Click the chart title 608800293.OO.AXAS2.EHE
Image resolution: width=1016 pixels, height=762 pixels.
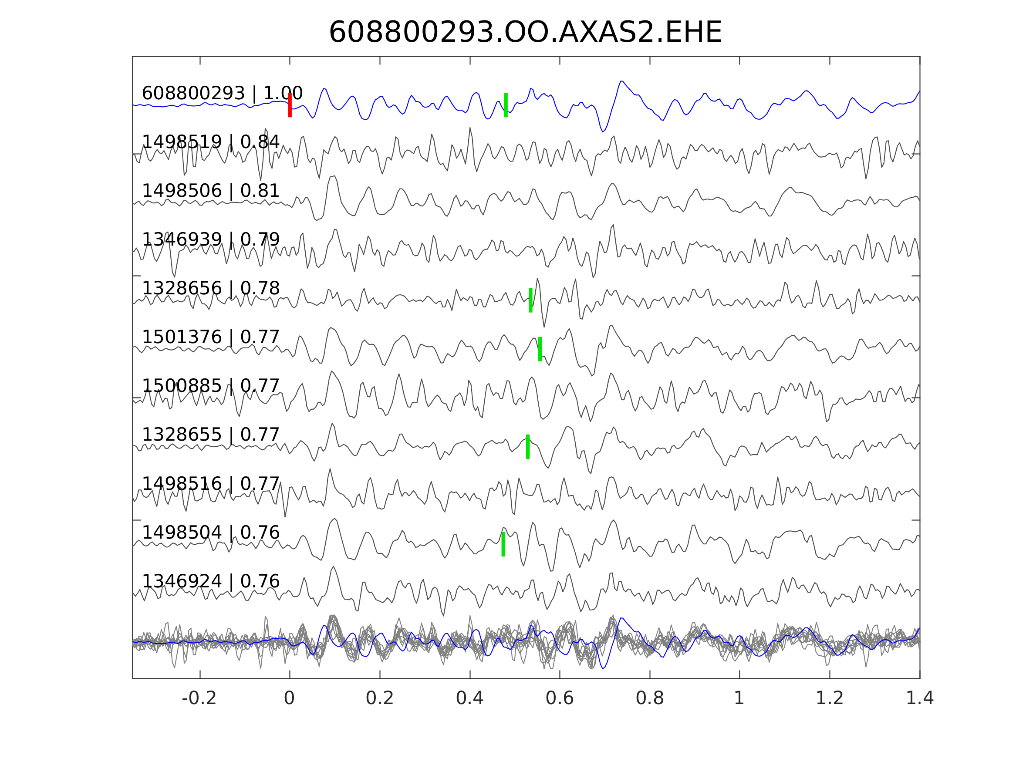point(525,33)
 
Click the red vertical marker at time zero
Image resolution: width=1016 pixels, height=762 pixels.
point(290,105)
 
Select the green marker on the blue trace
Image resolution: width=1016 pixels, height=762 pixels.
point(506,105)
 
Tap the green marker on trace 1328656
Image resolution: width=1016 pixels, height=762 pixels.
point(530,300)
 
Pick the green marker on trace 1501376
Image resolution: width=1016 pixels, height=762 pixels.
point(540,349)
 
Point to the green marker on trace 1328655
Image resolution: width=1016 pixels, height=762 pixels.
point(528,446)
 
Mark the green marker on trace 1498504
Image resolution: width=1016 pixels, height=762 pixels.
point(503,544)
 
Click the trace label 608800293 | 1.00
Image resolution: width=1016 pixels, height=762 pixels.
point(222,93)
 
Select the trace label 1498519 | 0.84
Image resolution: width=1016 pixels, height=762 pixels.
point(210,142)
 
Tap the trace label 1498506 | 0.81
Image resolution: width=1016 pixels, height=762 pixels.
point(210,191)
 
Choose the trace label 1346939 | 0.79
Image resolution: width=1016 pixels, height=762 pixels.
point(210,239)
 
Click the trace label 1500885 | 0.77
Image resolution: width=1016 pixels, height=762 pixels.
point(210,386)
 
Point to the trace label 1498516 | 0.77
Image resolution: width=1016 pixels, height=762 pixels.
point(210,484)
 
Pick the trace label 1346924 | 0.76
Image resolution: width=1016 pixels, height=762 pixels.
point(210,581)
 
